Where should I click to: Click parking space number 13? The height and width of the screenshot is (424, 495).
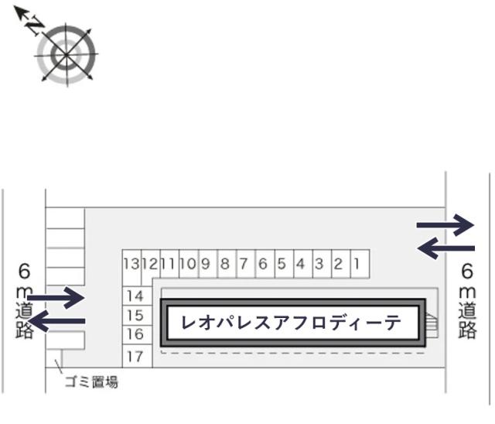131,264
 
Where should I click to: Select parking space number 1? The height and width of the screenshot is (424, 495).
360,264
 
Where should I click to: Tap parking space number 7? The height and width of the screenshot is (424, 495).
246,264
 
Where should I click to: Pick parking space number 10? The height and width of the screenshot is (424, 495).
189,264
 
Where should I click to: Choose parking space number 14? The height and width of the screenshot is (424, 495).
138,296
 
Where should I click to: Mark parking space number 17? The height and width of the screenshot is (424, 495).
138,357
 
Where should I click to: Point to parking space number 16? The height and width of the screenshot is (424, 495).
138,335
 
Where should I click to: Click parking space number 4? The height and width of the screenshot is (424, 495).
303,264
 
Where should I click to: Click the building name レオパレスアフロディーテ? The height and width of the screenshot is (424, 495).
291,323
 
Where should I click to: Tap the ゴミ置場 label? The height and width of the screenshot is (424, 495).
91,382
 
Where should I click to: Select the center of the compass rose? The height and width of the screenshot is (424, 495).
66,55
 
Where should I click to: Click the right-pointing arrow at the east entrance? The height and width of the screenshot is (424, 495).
445,225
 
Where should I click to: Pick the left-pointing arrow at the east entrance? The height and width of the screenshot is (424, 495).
445,248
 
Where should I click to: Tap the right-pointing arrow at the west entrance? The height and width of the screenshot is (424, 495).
56,298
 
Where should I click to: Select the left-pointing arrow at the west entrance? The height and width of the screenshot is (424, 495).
58,321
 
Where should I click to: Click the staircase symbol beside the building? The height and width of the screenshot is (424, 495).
432,326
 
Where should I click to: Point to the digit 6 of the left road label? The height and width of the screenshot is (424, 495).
25,271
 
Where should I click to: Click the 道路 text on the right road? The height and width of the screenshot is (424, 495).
467,320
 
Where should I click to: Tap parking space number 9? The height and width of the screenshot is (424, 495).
208,264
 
